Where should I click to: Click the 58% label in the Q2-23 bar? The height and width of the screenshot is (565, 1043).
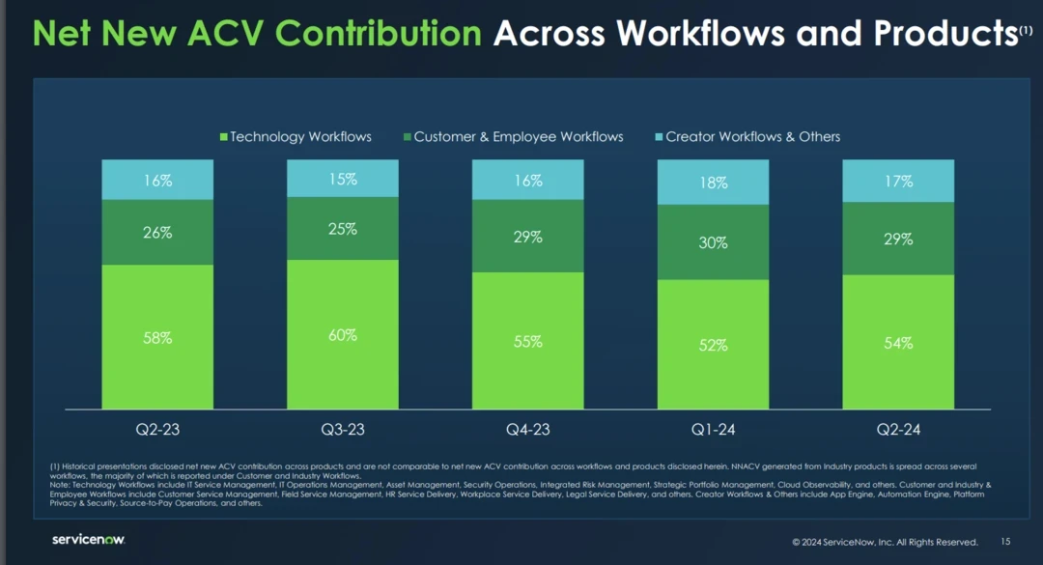158,338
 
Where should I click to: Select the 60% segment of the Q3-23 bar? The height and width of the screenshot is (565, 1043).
343,334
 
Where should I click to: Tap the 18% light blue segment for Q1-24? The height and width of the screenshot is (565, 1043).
713,183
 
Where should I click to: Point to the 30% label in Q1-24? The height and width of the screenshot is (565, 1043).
713,243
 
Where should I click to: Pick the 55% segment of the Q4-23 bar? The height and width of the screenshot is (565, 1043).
527,341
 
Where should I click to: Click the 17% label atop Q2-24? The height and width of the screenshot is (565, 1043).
898,182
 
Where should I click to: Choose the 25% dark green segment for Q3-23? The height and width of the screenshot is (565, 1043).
343,229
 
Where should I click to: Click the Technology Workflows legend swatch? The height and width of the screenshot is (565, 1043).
224,137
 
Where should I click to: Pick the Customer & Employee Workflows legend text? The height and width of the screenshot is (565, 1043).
519,137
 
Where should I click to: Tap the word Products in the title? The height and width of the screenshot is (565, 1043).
944,34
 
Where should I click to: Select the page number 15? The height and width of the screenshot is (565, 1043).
1005,542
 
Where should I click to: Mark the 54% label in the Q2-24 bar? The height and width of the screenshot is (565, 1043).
898,343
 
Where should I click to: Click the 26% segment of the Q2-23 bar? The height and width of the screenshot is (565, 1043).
158,233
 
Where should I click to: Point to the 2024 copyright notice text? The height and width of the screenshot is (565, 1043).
885,542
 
